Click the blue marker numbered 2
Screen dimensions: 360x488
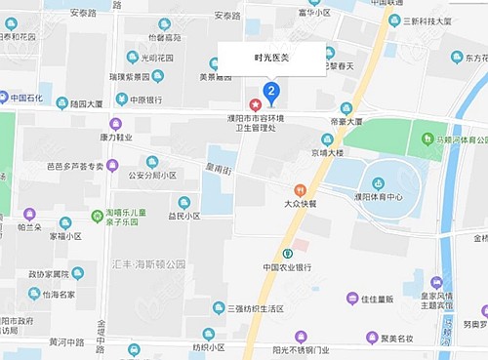[272, 93]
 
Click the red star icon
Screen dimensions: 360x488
[256, 103]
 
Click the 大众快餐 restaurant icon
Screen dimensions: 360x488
[301, 189]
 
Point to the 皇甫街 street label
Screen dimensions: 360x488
[216, 171]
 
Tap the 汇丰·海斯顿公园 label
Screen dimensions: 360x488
[148, 263]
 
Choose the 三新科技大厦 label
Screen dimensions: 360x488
[426, 20]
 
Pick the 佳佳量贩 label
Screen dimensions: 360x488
[376, 300]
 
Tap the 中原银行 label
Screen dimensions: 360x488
[142, 99]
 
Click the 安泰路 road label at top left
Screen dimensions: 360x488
[83, 15]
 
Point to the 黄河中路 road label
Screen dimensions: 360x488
[65, 342]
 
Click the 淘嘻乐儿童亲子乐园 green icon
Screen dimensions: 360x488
[98, 216]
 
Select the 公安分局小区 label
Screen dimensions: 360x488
[150, 176]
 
